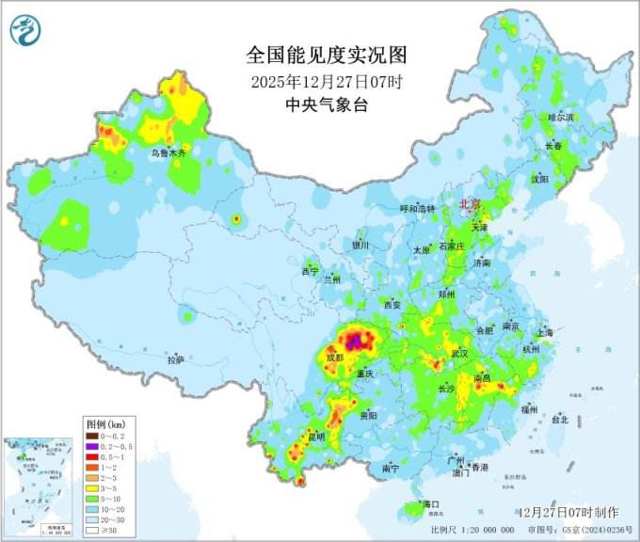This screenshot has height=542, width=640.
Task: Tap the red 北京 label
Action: (469, 203)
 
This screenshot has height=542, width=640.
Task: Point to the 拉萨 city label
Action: (176, 359)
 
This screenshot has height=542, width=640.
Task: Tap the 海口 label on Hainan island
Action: (432, 504)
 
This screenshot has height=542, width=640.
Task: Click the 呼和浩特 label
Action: (418, 209)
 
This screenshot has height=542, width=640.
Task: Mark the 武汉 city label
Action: (459, 353)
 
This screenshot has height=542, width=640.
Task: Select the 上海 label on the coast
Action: (543, 332)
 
